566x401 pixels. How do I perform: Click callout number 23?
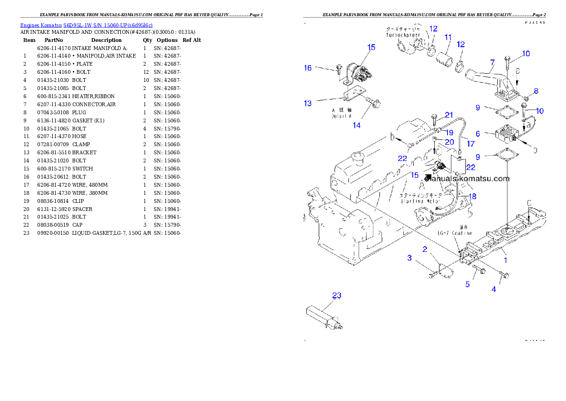click(336, 296)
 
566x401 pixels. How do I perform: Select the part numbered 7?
click(492, 62)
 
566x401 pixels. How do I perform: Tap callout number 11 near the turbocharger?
click(448, 37)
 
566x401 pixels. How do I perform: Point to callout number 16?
click(308, 68)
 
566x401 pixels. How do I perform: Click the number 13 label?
click(308, 103)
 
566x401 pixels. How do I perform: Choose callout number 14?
click(356, 125)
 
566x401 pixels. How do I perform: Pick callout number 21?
click(449, 115)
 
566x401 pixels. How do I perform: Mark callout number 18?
click(472, 196)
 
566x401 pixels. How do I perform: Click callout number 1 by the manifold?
click(505, 261)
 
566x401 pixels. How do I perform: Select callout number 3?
click(409, 258)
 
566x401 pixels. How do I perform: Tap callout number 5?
click(468, 284)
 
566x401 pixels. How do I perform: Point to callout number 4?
click(494, 289)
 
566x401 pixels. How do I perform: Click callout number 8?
click(536, 91)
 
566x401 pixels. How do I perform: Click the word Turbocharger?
click(403, 35)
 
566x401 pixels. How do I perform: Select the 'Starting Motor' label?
click(419, 201)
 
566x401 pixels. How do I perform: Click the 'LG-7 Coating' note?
click(455, 233)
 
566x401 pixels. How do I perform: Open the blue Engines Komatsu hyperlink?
click(86, 25)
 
